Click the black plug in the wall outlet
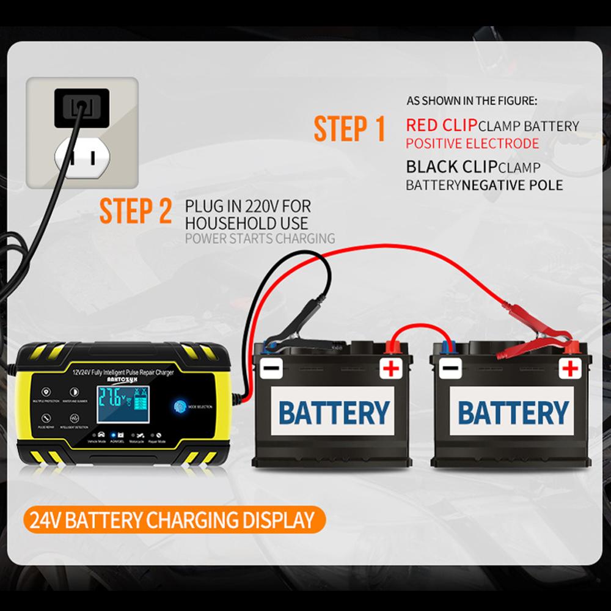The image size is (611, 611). [x=81, y=107]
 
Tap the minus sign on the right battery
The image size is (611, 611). [x=450, y=368]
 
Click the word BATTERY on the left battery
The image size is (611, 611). [x=334, y=412]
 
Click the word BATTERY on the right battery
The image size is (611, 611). [x=513, y=412]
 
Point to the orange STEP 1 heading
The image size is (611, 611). [x=349, y=129]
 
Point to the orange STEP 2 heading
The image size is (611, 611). [x=136, y=210]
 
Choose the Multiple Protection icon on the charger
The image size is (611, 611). [x=46, y=392]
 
